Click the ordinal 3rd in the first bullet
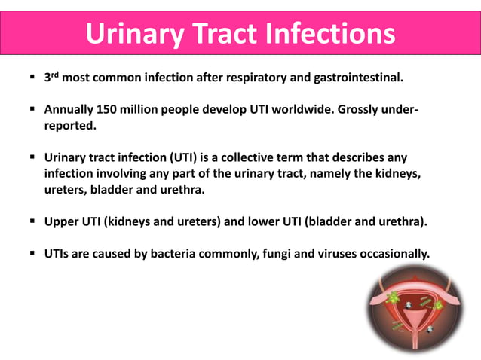point(51,77)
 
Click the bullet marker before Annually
point(32,110)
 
